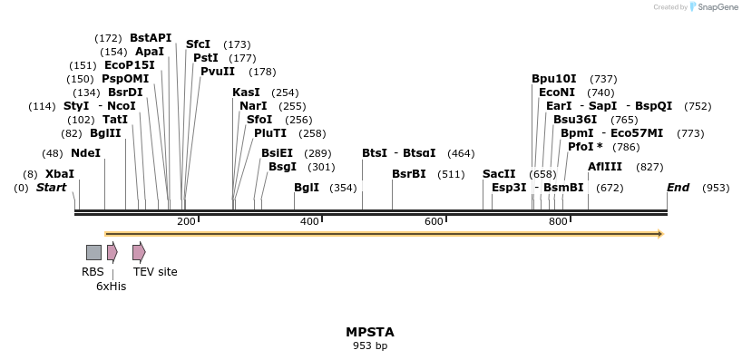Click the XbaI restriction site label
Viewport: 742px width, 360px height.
(x=60, y=174)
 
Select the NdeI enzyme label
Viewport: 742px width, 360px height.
(x=85, y=153)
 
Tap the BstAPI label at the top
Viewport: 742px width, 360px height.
(x=151, y=38)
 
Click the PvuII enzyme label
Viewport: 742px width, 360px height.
(x=218, y=72)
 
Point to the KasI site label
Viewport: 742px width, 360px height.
(x=246, y=92)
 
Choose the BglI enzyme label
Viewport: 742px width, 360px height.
(x=307, y=188)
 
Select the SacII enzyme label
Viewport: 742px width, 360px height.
(x=499, y=174)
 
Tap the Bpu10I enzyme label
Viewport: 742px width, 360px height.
(x=554, y=79)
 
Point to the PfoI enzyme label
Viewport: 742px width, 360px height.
(x=585, y=147)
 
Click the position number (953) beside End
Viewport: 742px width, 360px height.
(x=716, y=188)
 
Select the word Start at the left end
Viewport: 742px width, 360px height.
(x=52, y=188)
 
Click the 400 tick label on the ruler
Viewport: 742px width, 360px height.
(x=309, y=222)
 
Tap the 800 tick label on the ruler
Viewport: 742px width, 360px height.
(x=558, y=222)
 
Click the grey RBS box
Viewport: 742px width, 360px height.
(x=93, y=252)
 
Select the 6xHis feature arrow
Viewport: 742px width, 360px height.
(x=112, y=252)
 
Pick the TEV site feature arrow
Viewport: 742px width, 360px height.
(x=139, y=252)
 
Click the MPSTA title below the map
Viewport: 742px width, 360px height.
(x=370, y=332)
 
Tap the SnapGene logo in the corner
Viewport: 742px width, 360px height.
(x=711, y=7)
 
